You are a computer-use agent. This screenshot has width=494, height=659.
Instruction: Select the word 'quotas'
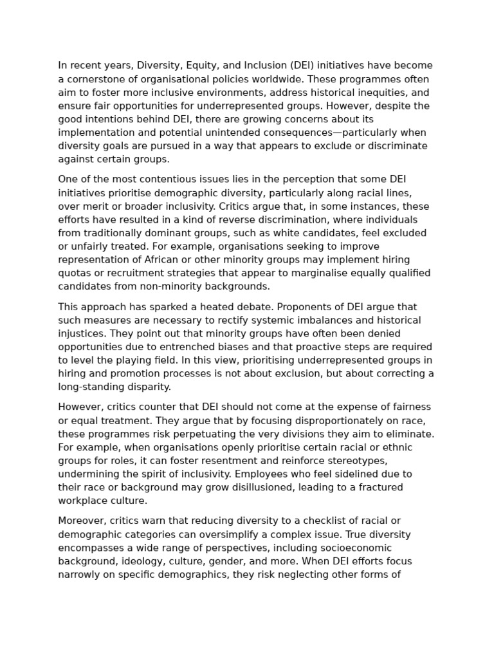point(74,274)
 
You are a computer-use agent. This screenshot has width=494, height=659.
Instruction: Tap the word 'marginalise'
point(311,274)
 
